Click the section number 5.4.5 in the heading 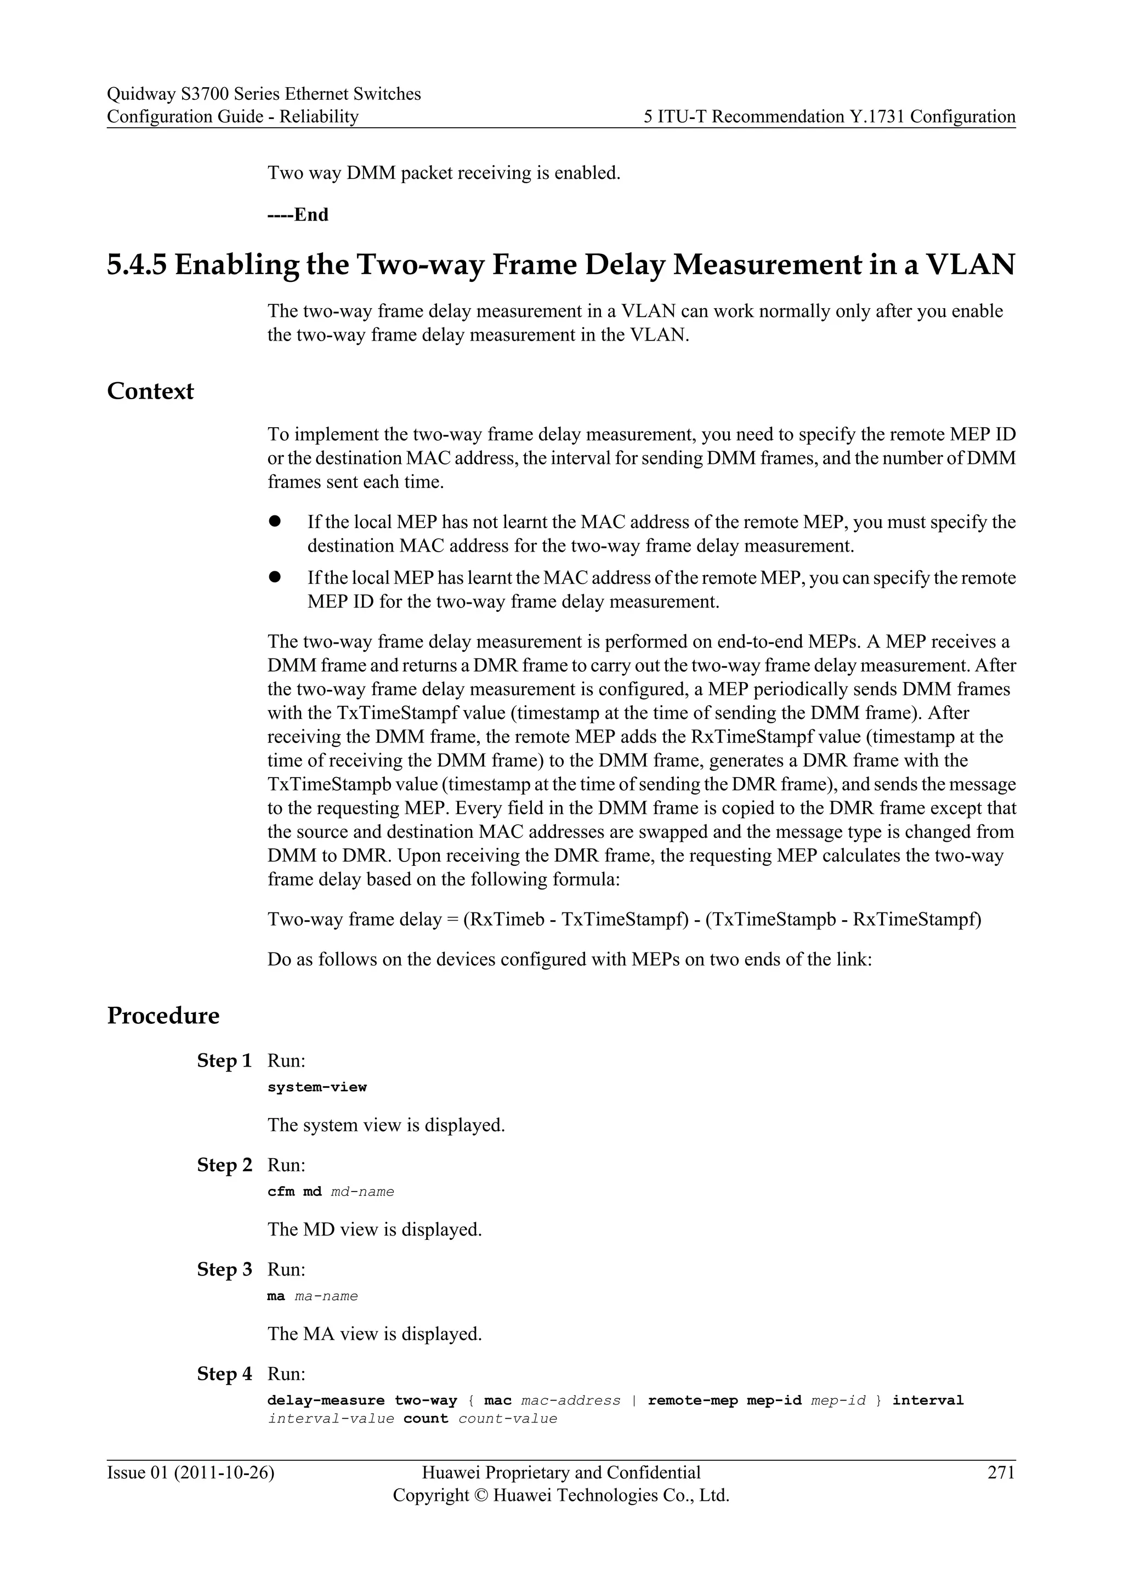[136, 265]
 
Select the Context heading [150, 392]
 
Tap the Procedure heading [163, 1016]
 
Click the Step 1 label [224, 1061]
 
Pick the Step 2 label [224, 1165]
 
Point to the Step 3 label [224, 1270]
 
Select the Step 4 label [224, 1374]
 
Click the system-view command [317, 1087]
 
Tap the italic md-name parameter [362, 1192]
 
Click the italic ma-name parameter [326, 1296]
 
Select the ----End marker [297, 215]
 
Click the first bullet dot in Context [275, 521]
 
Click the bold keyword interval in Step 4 [927, 1400]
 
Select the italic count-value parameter [508, 1419]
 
